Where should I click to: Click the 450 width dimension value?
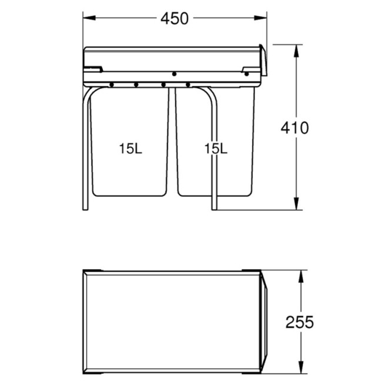(x=175, y=19)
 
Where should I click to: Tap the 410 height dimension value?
(x=295, y=128)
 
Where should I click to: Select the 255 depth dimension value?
(x=300, y=322)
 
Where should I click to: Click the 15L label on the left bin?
(x=130, y=149)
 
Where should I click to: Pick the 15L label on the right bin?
(x=216, y=149)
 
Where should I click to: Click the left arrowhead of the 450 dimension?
(x=89, y=18)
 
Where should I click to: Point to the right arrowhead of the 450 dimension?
(x=260, y=18)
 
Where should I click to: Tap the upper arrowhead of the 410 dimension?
(x=296, y=51)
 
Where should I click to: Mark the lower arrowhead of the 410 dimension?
(x=296, y=203)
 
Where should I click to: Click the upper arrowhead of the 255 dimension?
(x=301, y=276)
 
